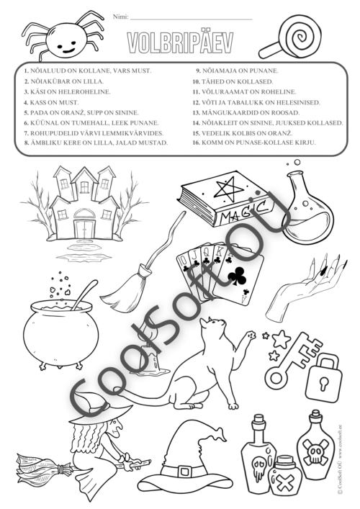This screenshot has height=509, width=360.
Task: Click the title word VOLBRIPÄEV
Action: click(x=180, y=43)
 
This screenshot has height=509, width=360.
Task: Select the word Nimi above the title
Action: click(x=120, y=17)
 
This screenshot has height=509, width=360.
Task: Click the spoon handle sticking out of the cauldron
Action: click(x=85, y=294)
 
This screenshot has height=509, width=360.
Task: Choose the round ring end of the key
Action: click(x=276, y=378)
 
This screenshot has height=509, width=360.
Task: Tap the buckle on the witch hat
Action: click(x=185, y=472)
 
